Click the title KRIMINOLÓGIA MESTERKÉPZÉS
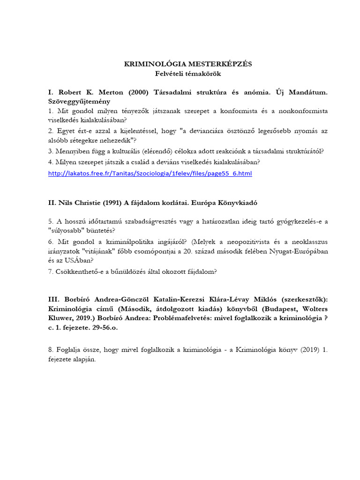(x=187, y=64)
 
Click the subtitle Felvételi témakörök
(x=187, y=74)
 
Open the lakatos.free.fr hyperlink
(x=150, y=174)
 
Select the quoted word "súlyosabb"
(x=68, y=231)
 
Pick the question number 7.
(x=51, y=271)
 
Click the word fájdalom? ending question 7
(x=201, y=271)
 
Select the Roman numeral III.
(x=54, y=300)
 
